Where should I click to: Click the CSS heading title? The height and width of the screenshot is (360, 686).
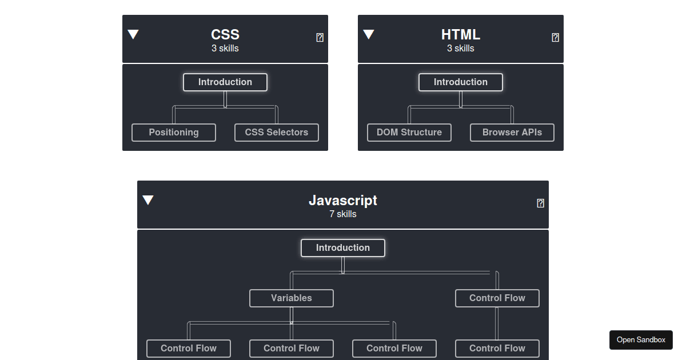225,34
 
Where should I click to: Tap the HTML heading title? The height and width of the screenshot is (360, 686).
461,34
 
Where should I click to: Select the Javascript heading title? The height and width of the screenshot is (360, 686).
342,201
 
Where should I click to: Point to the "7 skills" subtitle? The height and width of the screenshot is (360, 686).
342,214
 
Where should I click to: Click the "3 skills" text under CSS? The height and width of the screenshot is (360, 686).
225,49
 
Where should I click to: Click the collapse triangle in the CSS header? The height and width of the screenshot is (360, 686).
133,34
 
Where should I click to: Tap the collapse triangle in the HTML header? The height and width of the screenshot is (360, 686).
369,34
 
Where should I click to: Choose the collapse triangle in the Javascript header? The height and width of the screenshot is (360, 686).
148,200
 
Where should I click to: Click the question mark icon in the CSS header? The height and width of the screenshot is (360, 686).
320,37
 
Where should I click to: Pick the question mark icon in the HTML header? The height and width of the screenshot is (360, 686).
555,37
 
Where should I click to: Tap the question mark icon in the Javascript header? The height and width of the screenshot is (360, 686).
541,203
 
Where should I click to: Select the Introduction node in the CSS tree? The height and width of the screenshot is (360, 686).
225,82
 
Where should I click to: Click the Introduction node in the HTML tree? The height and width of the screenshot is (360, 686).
461,82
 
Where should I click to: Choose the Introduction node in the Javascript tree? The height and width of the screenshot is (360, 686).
342,248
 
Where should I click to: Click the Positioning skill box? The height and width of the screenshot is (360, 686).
174,133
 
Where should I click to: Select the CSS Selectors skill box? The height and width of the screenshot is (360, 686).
277,133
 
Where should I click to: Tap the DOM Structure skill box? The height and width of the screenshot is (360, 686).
409,133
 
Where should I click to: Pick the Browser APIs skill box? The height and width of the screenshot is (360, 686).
512,133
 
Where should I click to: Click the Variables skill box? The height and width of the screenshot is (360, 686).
291,298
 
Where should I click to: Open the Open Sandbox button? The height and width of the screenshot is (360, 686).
641,340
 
